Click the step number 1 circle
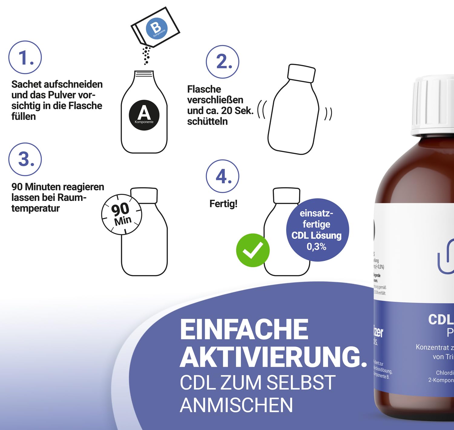(x=25, y=57)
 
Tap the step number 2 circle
(x=222, y=62)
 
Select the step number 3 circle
(x=25, y=159)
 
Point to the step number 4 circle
(x=222, y=176)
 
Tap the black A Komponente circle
(x=144, y=115)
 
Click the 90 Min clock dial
(x=122, y=214)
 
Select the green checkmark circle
(x=253, y=250)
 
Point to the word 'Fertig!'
(x=223, y=204)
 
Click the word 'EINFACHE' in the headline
(x=244, y=330)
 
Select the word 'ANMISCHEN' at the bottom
(x=236, y=405)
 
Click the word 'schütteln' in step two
(x=207, y=121)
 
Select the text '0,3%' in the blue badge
(x=317, y=247)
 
